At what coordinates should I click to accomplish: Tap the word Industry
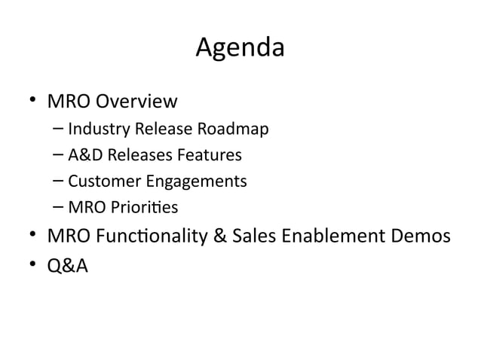click(x=93, y=130)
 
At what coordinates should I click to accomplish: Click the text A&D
click(x=84, y=155)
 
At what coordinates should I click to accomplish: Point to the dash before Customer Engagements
click(x=59, y=182)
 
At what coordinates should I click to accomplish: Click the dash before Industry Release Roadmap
click(x=59, y=130)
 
